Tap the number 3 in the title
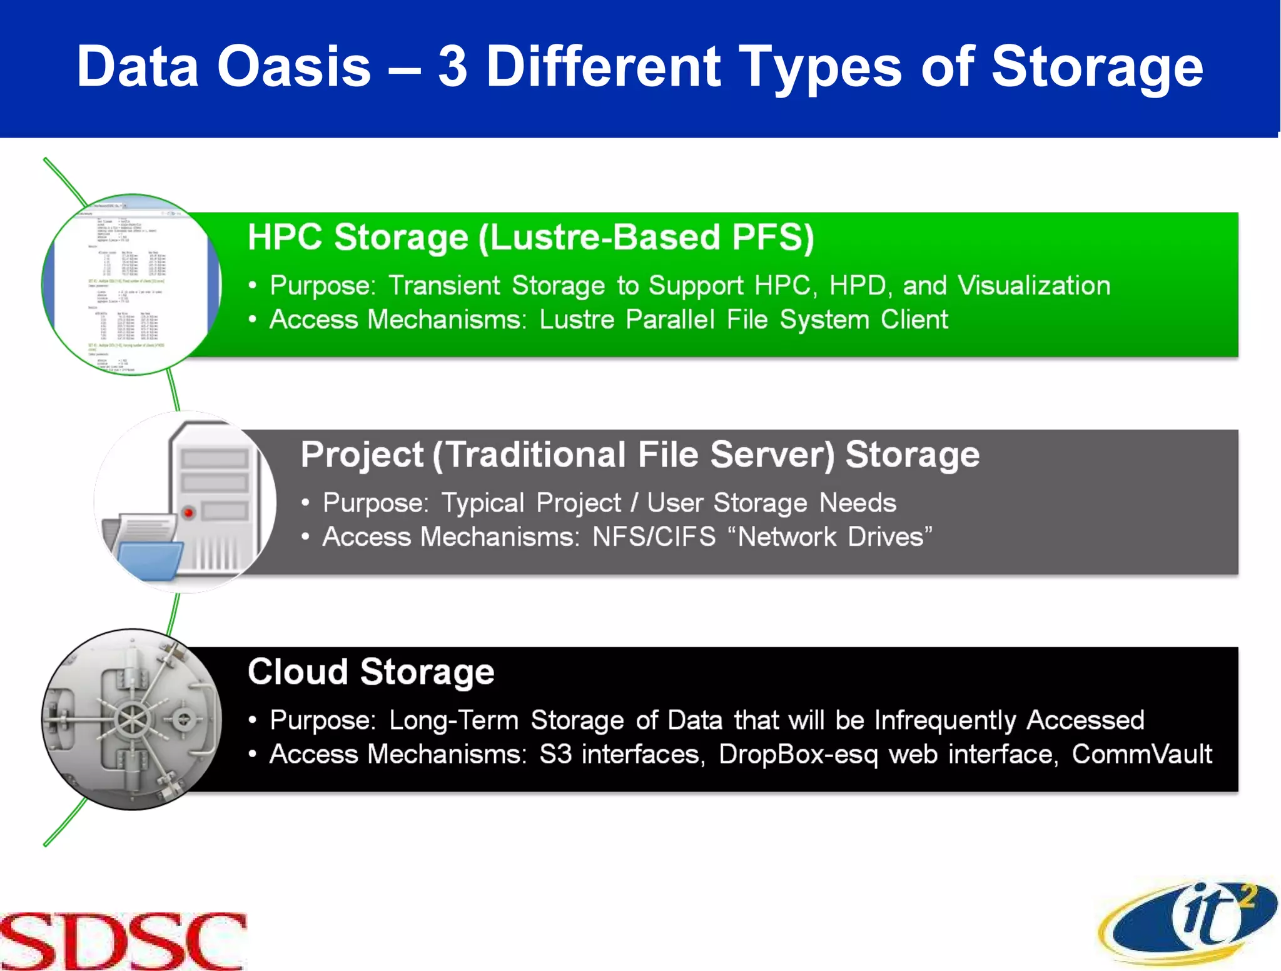(453, 67)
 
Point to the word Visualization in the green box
(1034, 286)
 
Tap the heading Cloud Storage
(371, 672)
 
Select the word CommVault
(1142, 754)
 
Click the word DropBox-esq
(798, 754)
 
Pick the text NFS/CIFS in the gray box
(654, 537)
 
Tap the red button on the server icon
(188, 513)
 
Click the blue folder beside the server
(149, 560)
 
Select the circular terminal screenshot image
(132, 284)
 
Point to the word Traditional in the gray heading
(536, 455)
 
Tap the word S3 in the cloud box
(555, 754)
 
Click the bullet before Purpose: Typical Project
(305, 503)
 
